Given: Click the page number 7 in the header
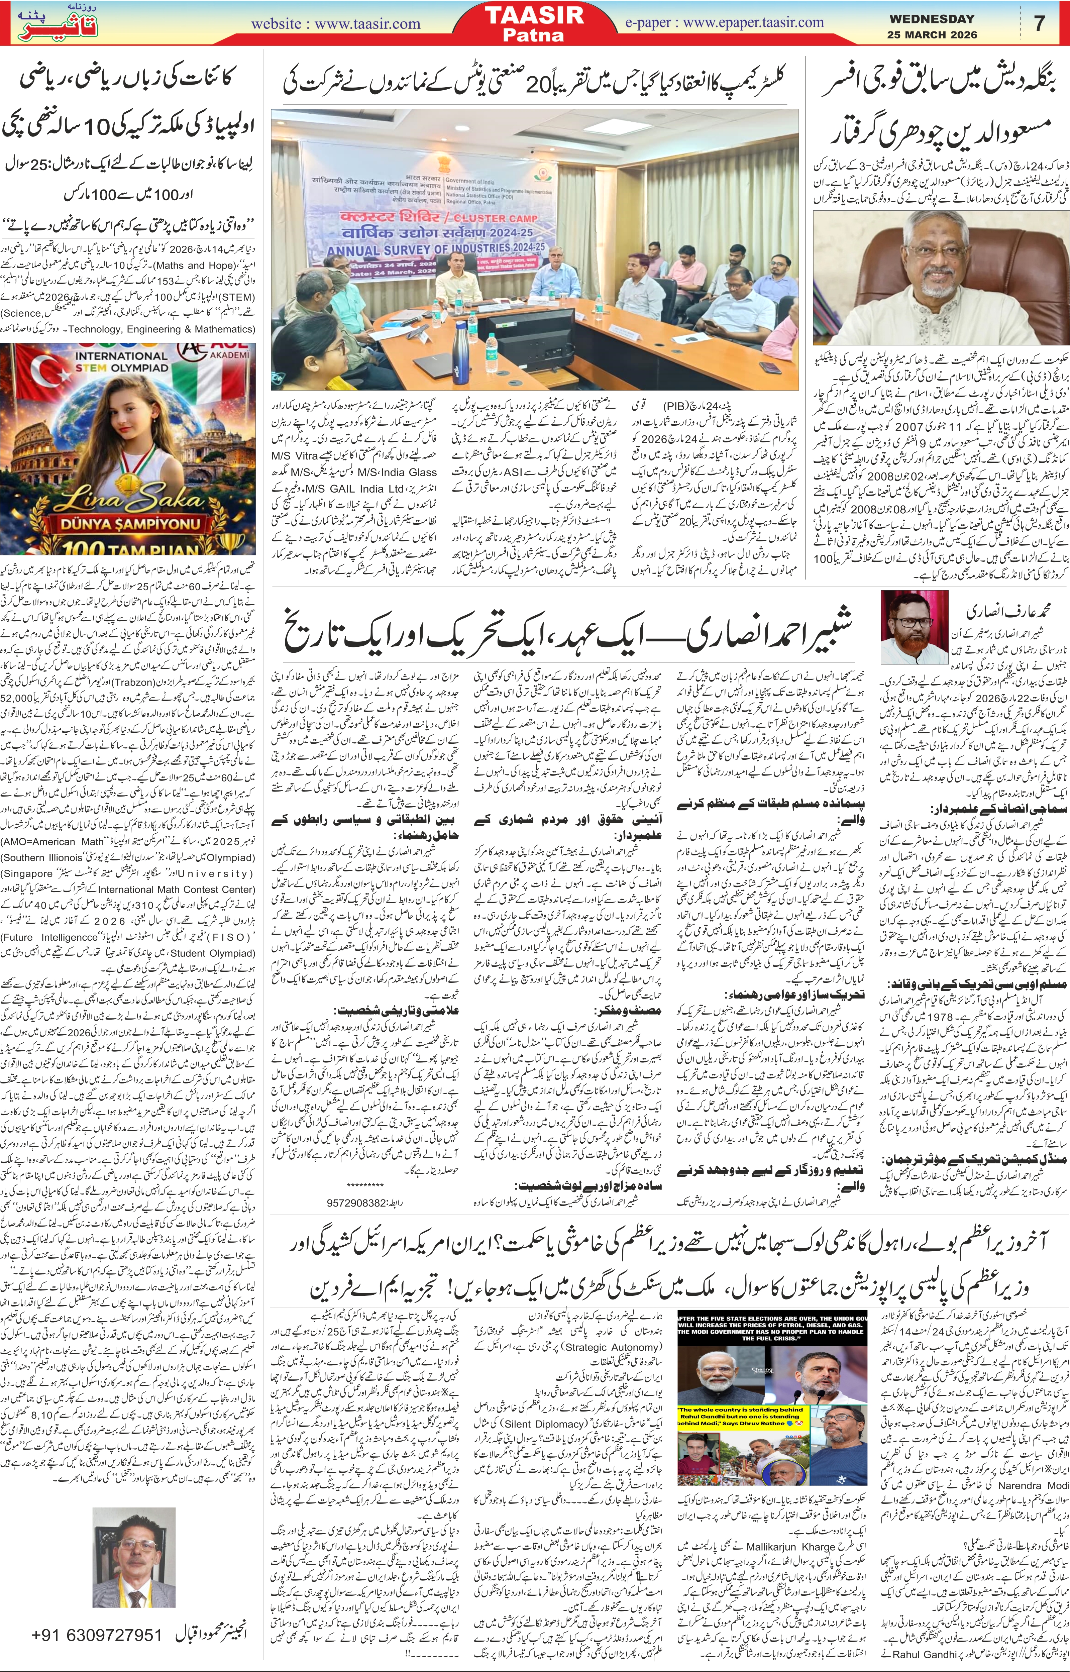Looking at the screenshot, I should [1040, 23].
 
